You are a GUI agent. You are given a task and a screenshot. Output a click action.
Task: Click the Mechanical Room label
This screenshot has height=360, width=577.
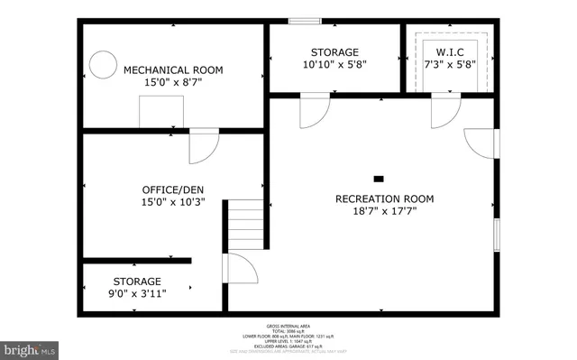[173, 69]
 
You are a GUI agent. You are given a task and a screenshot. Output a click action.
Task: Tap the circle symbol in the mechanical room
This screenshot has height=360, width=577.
[101, 63]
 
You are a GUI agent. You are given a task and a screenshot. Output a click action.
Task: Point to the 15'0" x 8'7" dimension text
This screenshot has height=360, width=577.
[173, 83]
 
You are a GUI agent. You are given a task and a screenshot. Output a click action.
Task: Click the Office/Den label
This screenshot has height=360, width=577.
[173, 189]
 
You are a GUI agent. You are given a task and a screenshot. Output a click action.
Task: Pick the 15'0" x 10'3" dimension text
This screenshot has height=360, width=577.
[173, 202]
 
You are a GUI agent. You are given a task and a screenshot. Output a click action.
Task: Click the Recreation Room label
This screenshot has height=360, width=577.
[384, 198]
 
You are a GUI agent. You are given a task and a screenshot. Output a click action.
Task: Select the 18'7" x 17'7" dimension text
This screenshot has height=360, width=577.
[384, 212]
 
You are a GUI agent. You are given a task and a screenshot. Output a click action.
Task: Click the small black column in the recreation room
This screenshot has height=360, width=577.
[379, 178]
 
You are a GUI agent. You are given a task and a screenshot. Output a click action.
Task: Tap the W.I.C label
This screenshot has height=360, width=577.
[447, 51]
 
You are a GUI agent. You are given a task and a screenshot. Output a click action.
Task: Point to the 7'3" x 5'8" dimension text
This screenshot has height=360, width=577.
[447, 65]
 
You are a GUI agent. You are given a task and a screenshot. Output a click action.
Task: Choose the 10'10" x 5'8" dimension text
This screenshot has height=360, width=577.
[334, 65]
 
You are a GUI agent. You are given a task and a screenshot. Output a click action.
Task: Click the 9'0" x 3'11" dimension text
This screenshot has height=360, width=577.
[137, 292]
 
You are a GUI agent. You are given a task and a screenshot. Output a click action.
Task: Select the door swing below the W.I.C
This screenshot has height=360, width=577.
[444, 111]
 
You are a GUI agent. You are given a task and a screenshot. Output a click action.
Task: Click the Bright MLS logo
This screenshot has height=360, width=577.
[30, 348]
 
